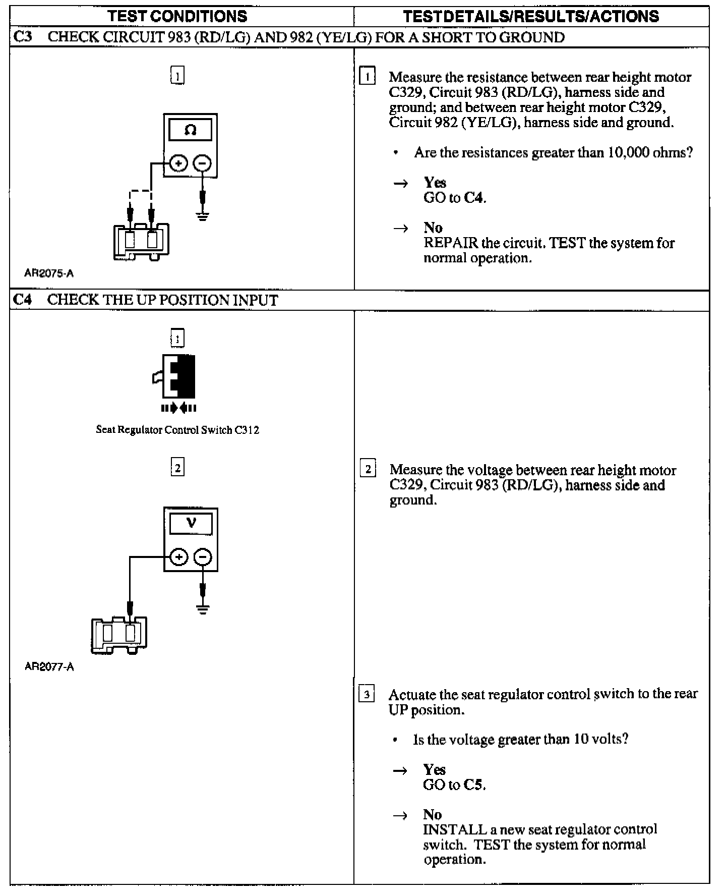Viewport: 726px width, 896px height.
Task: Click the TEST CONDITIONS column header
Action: coord(177,16)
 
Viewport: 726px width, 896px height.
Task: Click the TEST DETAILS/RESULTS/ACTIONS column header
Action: coord(531,16)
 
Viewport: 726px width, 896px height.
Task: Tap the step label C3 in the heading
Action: coord(23,37)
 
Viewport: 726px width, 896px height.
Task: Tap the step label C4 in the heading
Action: coord(23,300)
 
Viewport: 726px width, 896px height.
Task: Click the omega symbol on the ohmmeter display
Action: coord(190,130)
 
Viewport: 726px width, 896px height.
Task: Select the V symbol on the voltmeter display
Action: coord(191,523)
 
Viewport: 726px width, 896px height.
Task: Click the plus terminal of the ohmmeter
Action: coord(178,163)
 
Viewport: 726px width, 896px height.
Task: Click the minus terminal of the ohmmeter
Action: coord(203,163)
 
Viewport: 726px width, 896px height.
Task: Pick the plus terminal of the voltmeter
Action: coord(178,557)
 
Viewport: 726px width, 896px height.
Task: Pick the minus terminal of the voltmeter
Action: coord(203,557)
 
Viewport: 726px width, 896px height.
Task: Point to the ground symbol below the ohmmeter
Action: coord(203,217)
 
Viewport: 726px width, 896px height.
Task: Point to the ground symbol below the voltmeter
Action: coord(203,609)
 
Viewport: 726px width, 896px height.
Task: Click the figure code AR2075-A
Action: coord(49,273)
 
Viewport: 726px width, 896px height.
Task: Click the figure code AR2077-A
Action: coord(49,666)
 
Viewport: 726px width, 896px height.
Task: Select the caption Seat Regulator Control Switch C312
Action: coord(177,430)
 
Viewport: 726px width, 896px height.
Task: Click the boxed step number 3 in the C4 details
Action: coord(367,695)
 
